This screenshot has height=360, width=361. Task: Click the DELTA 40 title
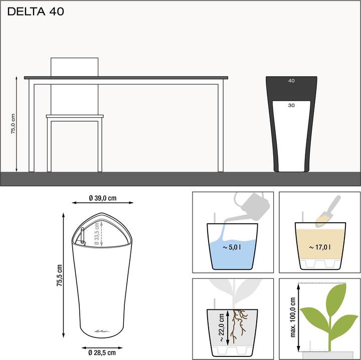point(36,12)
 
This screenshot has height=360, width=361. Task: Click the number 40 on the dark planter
point(291,81)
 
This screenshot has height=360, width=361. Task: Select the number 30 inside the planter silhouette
point(291,106)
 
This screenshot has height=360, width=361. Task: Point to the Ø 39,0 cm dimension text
point(102,199)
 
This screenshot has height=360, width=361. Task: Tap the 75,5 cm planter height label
point(60,275)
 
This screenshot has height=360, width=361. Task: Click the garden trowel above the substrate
point(329,210)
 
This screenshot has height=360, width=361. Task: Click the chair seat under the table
point(75,117)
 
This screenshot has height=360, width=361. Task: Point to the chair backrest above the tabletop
point(75,67)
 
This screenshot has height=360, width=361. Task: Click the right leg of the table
point(220,128)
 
